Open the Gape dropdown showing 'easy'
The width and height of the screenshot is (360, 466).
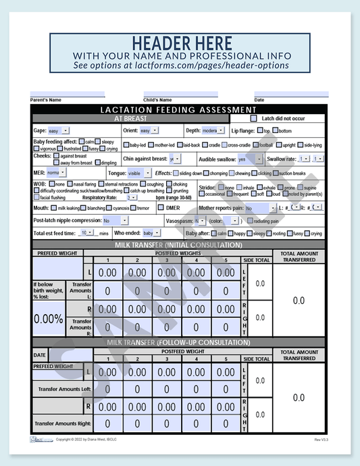[x=58, y=130]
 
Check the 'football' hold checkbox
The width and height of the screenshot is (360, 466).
[x=255, y=145]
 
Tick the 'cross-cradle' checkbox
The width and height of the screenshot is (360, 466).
[x=225, y=145]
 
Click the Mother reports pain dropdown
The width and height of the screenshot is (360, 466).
[x=261, y=209]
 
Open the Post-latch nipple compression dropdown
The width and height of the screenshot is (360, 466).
[x=115, y=221]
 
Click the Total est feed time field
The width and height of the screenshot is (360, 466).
[x=88, y=233]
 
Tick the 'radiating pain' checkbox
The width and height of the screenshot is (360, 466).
[x=251, y=221]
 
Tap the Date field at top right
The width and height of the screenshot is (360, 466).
[x=291, y=95]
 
